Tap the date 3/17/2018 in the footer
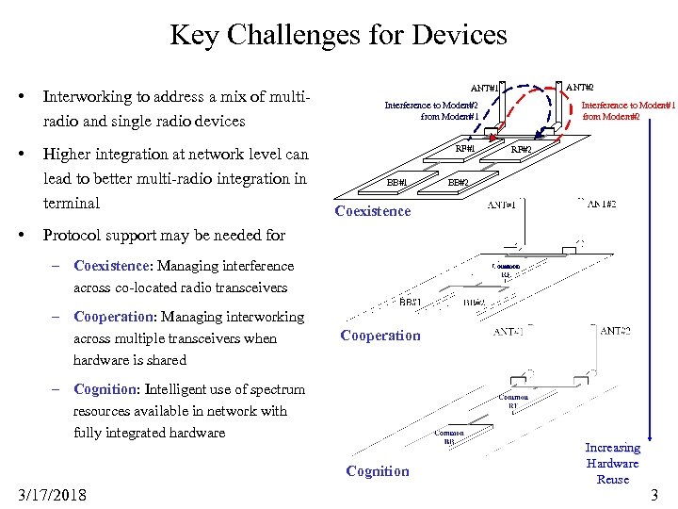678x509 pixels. click(52, 494)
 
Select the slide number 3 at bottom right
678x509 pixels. click(654, 494)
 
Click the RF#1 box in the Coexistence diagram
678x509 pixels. click(464, 148)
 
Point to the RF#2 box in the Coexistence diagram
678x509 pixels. click(521, 149)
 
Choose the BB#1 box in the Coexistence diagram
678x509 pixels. click(397, 182)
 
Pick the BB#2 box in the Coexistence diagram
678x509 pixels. click(459, 182)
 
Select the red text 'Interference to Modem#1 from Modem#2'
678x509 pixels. click(627, 110)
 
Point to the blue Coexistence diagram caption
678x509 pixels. click(373, 210)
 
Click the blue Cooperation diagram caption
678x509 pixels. click(380, 336)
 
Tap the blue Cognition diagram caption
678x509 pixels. click(378, 471)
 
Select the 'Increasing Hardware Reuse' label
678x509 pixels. click(612, 463)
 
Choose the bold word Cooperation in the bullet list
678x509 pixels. click(113, 317)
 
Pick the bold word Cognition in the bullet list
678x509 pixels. click(105, 388)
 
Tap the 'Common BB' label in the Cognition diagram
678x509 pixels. click(449, 436)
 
